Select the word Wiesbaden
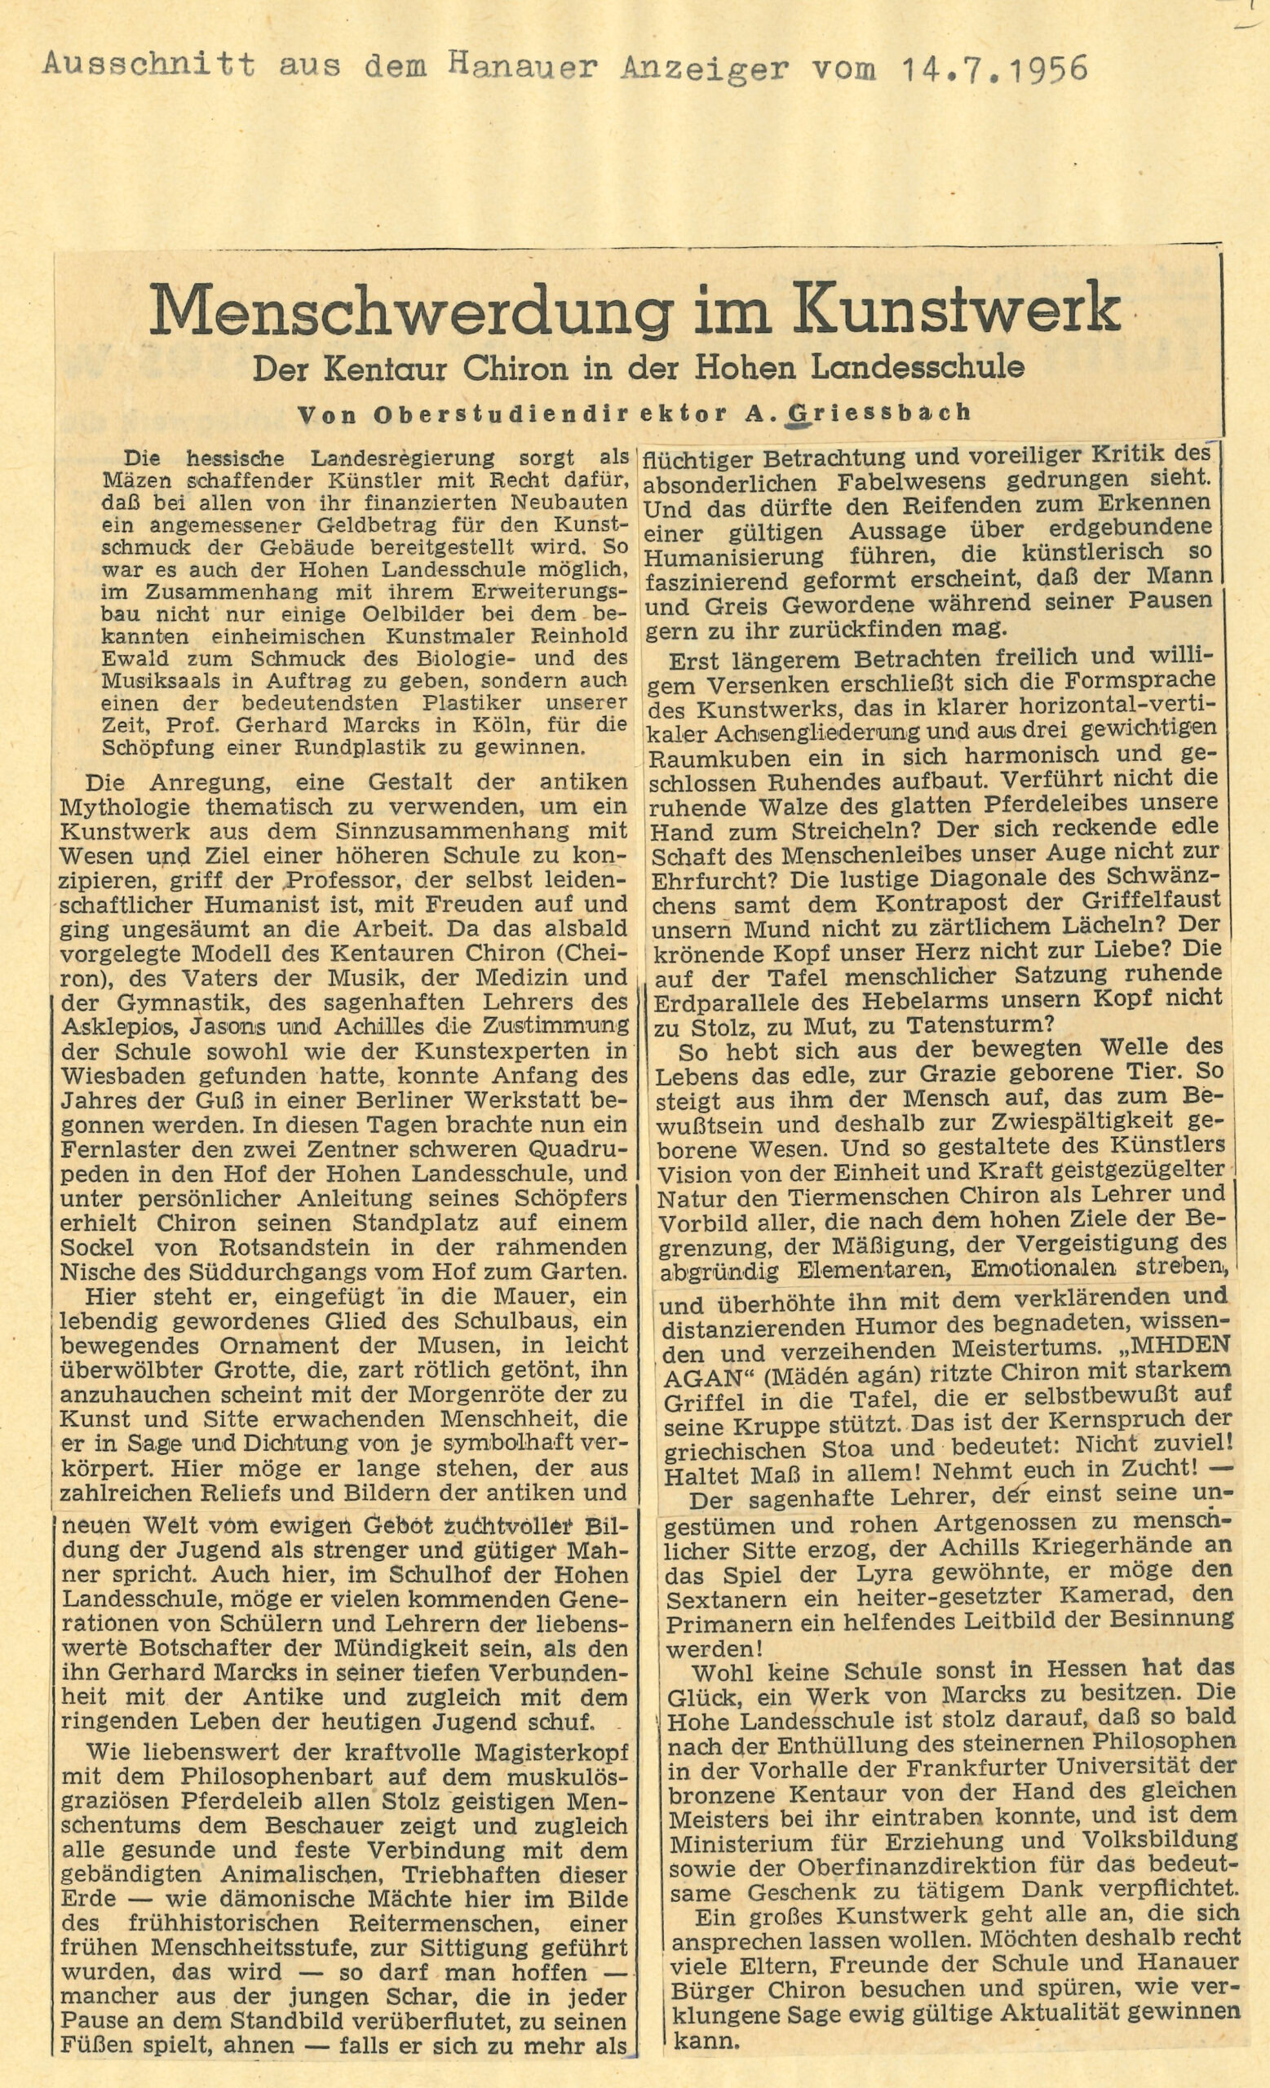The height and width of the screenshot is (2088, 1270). [x=126, y=1076]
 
